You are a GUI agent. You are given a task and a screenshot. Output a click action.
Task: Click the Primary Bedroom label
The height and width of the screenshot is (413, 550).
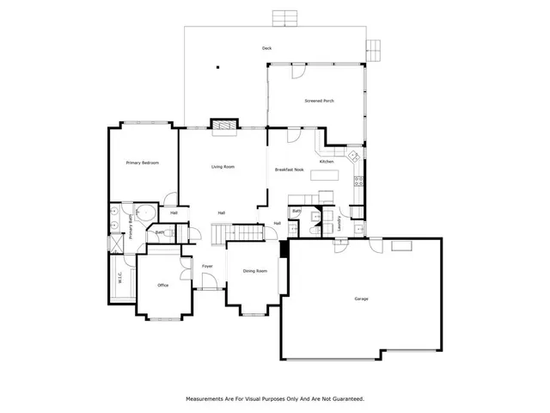pos(142,163)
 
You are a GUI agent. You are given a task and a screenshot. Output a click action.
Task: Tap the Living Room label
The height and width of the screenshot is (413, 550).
pos(223,167)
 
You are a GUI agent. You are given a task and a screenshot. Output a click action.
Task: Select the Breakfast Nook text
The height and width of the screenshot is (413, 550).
pos(290,170)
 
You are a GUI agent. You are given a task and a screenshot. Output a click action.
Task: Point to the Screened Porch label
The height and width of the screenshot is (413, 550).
pos(319,102)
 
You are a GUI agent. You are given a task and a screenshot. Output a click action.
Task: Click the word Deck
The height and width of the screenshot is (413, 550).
pos(267,48)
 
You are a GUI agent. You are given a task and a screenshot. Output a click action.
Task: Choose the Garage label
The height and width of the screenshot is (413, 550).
pos(361,299)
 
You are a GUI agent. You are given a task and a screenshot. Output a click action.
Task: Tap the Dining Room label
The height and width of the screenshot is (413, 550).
pos(254,271)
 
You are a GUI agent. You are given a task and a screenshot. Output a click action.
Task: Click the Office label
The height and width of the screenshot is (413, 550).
pos(162,285)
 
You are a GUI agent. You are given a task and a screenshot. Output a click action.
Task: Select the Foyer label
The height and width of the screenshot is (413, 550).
pos(207,266)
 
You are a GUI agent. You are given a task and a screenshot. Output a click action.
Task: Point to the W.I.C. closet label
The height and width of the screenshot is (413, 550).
pos(120,277)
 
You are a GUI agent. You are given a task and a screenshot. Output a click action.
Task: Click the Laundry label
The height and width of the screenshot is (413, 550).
pos(339,222)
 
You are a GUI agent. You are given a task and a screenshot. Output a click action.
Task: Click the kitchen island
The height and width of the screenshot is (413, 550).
pos(325,176)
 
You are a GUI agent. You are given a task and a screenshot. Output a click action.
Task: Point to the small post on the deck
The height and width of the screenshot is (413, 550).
pos(218,67)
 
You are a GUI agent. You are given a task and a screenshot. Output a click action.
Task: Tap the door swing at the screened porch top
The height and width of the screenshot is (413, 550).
pos(296,72)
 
